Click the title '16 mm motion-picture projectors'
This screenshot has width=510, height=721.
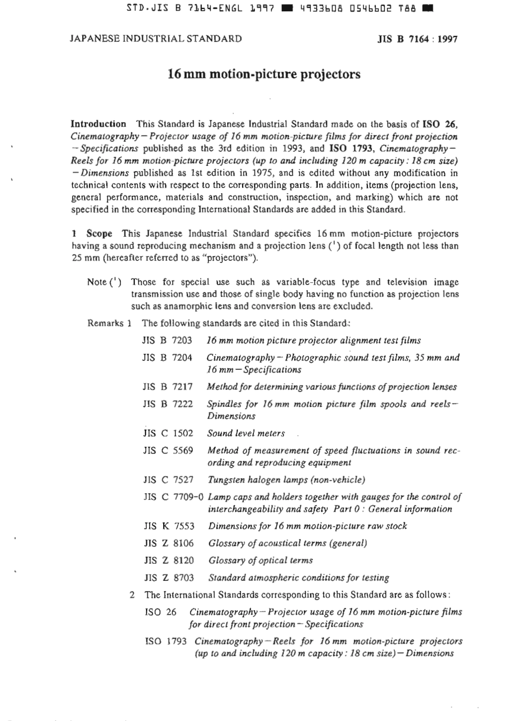(x=264, y=74)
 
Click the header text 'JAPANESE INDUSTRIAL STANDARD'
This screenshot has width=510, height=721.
(x=156, y=39)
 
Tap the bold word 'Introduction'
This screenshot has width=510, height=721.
(x=99, y=124)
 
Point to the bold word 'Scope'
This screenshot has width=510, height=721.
(x=99, y=234)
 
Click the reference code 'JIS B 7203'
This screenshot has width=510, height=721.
(x=167, y=340)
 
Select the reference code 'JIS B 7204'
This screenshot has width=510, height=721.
(x=167, y=358)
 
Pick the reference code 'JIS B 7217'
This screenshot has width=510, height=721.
(x=167, y=387)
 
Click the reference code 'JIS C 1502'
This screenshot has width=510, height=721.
(x=167, y=433)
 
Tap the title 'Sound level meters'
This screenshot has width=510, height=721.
(x=246, y=433)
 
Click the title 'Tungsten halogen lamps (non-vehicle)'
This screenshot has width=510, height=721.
(x=286, y=480)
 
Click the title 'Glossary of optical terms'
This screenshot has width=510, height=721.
(x=260, y=560)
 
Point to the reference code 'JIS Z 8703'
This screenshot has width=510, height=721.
(x=169, y=578)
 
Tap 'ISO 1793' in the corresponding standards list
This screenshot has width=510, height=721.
(x=166, y=641)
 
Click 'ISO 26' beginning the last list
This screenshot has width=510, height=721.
(x=161, y=612)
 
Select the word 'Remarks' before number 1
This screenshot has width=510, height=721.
(x=105, y=324)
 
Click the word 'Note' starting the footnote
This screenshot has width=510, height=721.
(x=97, y=282)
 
